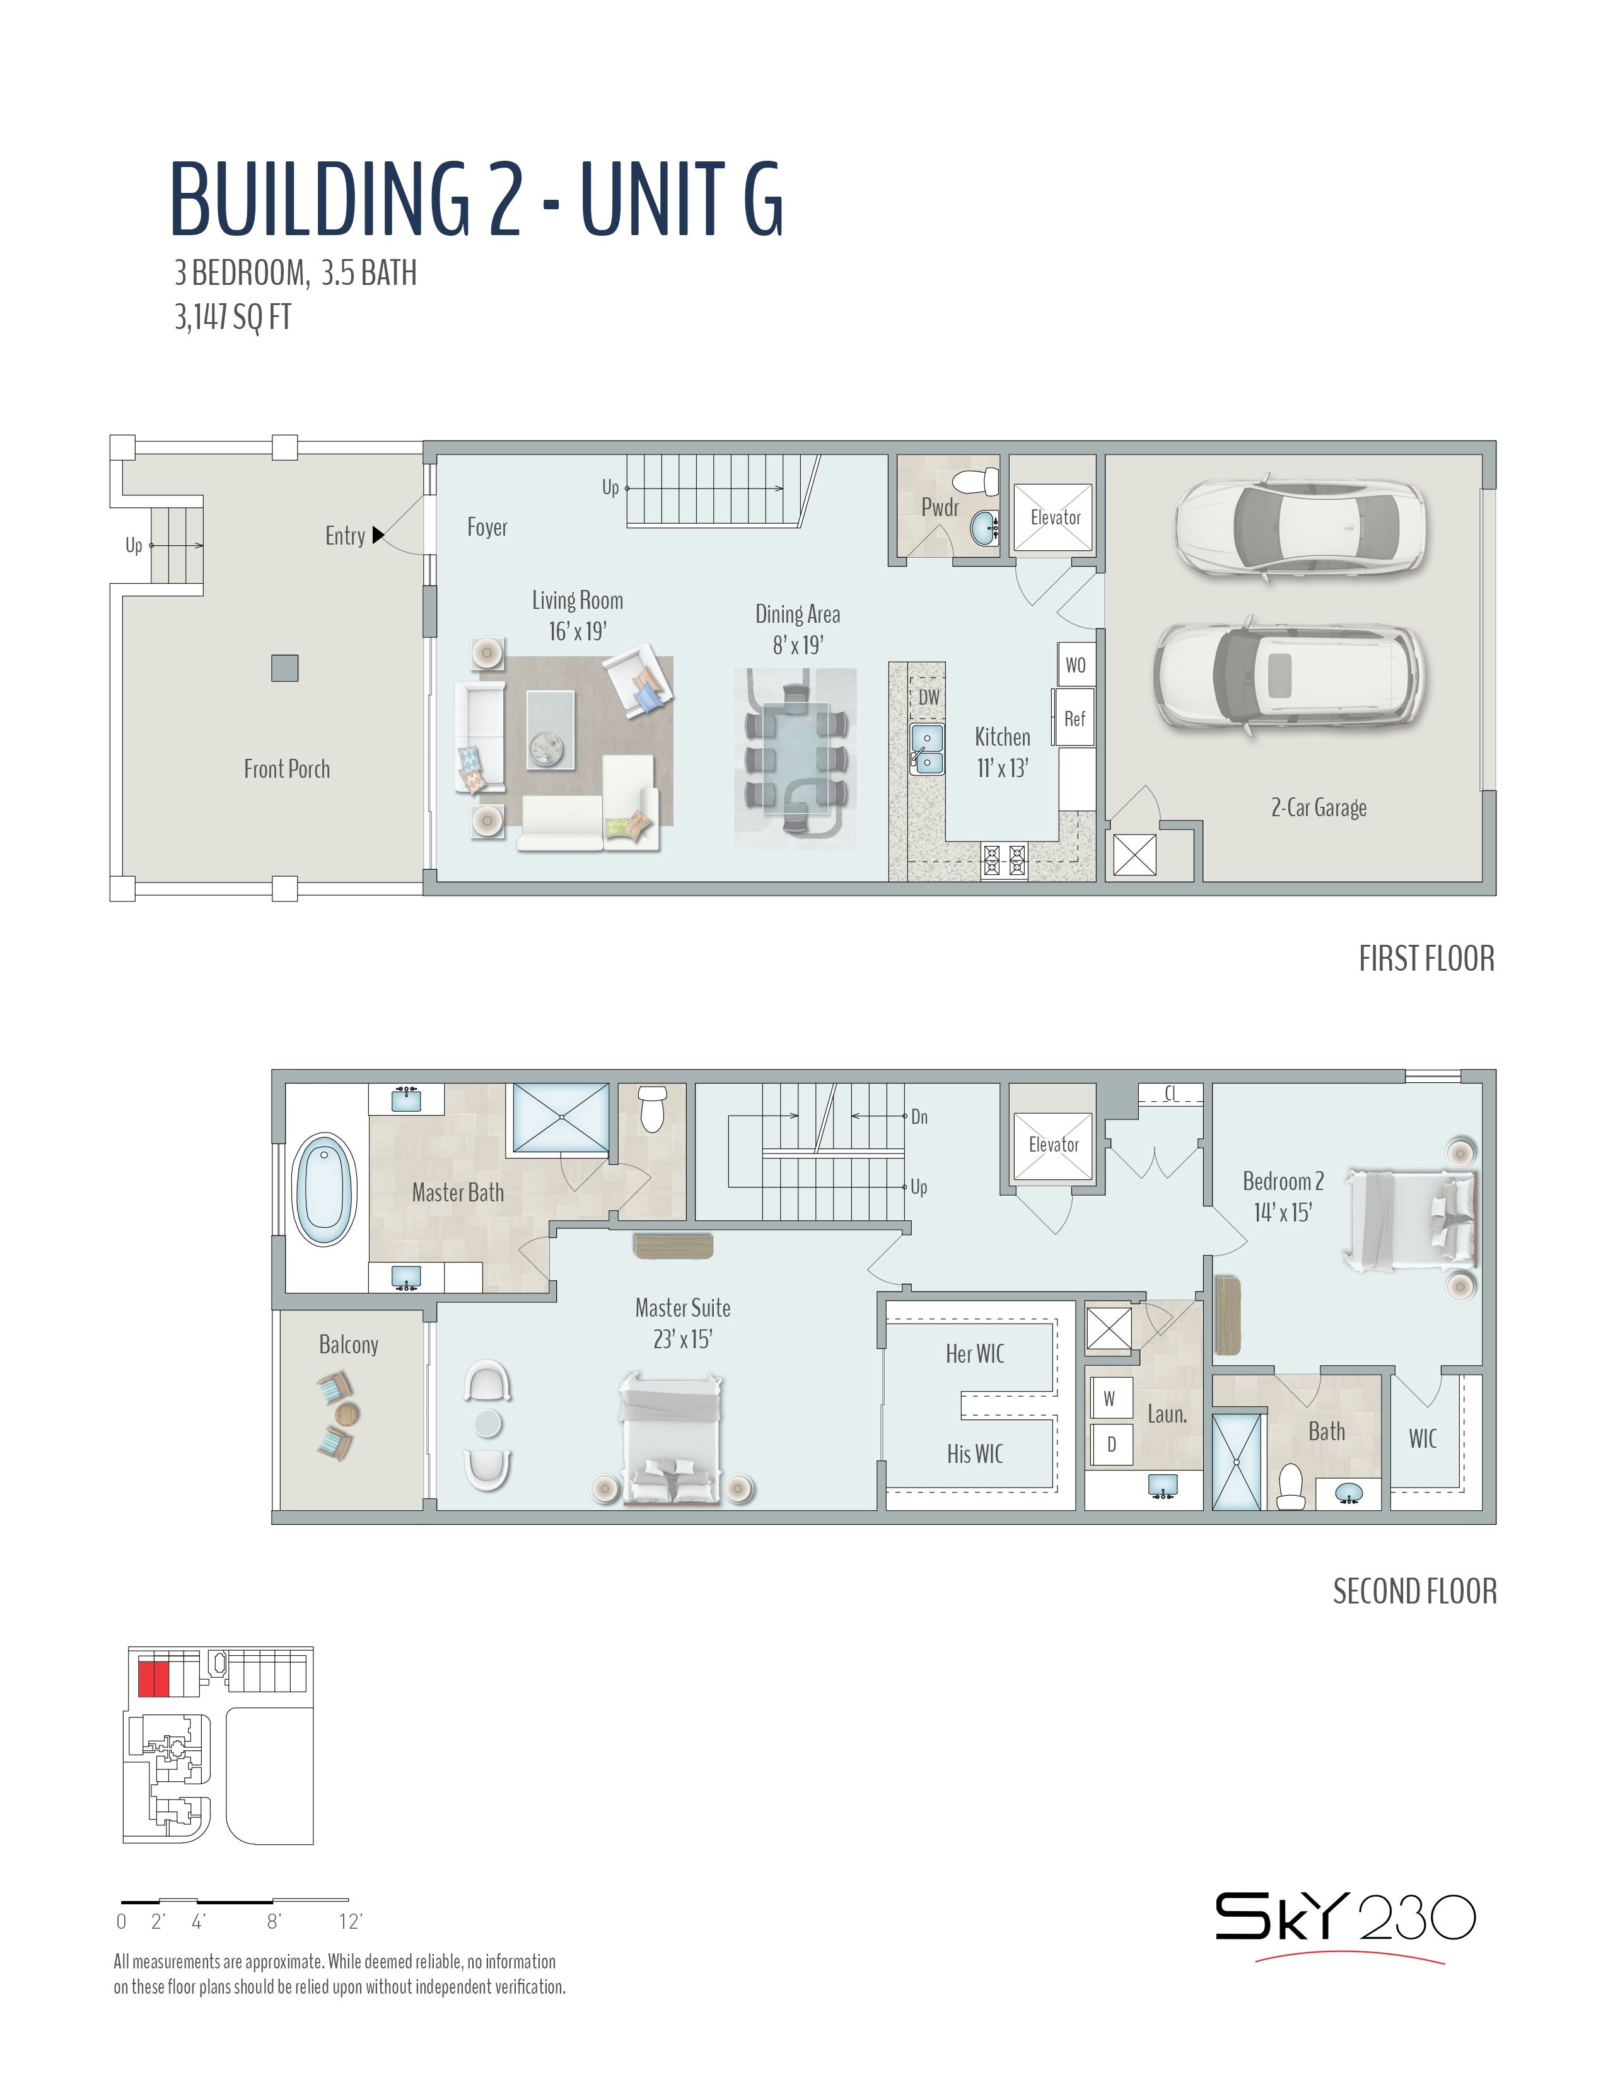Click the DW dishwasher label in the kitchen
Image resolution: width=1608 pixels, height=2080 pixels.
coord(929,697)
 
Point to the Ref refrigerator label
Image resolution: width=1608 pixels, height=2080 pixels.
coord(1075,719)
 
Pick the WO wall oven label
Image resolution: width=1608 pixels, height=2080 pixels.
coord(1076,665)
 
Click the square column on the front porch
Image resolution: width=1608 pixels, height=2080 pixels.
coord(285,667)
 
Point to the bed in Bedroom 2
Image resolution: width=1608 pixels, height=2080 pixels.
coord(1408,1221)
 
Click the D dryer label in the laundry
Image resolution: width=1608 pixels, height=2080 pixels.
coord(1110,1445)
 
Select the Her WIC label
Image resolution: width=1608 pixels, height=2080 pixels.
coord(974,1353)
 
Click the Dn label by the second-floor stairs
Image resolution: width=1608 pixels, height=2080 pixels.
coord(919,1116)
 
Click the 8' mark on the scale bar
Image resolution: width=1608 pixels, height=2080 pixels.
coord(274,1921)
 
